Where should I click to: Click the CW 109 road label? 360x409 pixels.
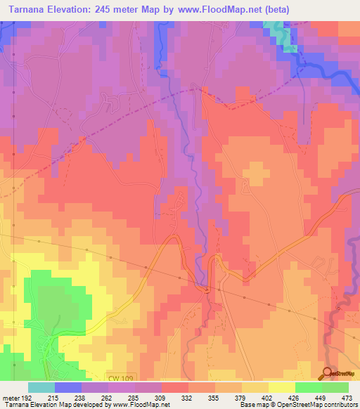(x=120, y=378)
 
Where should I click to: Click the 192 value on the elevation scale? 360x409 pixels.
(x=26, y=397)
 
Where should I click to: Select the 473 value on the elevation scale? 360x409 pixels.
(x=346, y=397)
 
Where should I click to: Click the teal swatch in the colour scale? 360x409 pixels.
(x=41, y=387)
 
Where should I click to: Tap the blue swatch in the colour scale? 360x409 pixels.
(x=68, y=387)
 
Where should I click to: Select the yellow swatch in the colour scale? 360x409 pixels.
(x=282, y=387)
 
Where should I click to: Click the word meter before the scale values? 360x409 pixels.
(x=10, y=397)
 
